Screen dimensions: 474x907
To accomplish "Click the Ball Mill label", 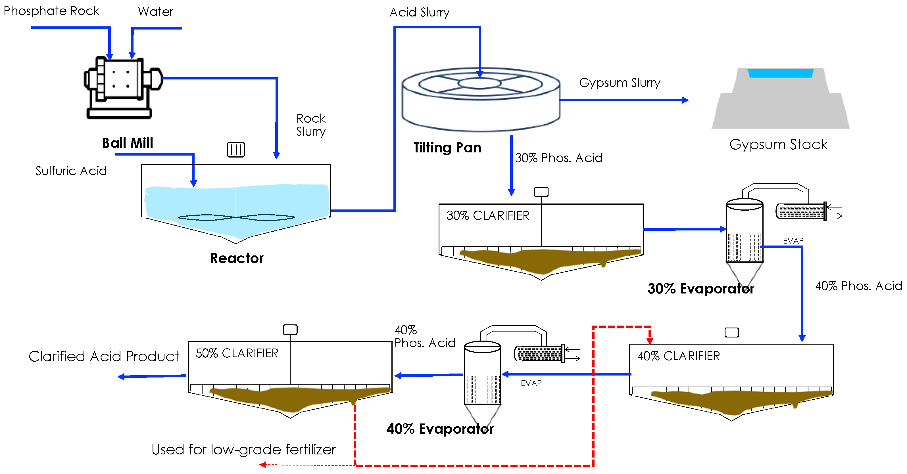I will [x=128, y=143].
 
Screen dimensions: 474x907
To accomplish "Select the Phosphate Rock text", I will [x=51, y=11].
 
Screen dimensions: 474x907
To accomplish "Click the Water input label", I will [x=156, y=12].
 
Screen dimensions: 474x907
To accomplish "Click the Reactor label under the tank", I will [x=237, y=258].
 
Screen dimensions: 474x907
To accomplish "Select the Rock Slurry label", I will [x=310, y=125].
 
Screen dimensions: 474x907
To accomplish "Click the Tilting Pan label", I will [x=447, y=147].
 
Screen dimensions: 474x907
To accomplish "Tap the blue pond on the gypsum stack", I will [x=780, y=73].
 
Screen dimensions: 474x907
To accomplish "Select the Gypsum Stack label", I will [x=778, y=144].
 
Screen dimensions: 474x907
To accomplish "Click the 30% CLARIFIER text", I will [x=488, y=215].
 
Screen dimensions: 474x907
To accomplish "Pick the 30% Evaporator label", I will [x=701, y=289].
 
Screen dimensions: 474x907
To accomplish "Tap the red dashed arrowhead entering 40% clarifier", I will [x=650, y=340].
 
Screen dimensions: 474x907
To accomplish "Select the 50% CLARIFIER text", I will [x=237, y=353].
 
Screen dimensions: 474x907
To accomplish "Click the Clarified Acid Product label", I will [x=104, y=356].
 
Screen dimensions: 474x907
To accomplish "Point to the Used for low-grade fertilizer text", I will [x=244, y=449].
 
